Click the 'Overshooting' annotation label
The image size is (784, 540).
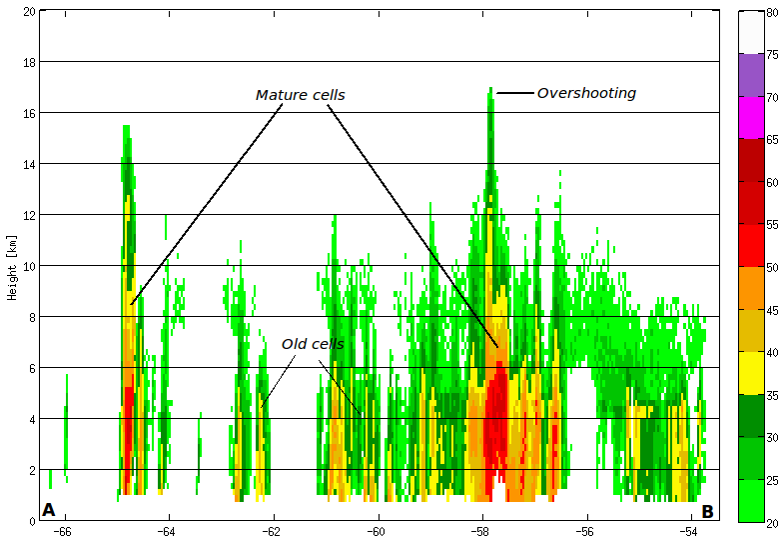(586, 93)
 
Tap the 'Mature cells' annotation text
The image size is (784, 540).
(300, 95)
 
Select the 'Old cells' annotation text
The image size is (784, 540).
(312, 344)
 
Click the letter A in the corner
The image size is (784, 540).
(49, 510)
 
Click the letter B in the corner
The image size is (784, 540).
(707, 511)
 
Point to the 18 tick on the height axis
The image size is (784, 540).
(29, 62)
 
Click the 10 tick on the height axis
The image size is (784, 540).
(29, 265)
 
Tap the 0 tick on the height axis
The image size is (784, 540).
(32, 520)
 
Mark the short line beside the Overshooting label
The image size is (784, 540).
(514, 93)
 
